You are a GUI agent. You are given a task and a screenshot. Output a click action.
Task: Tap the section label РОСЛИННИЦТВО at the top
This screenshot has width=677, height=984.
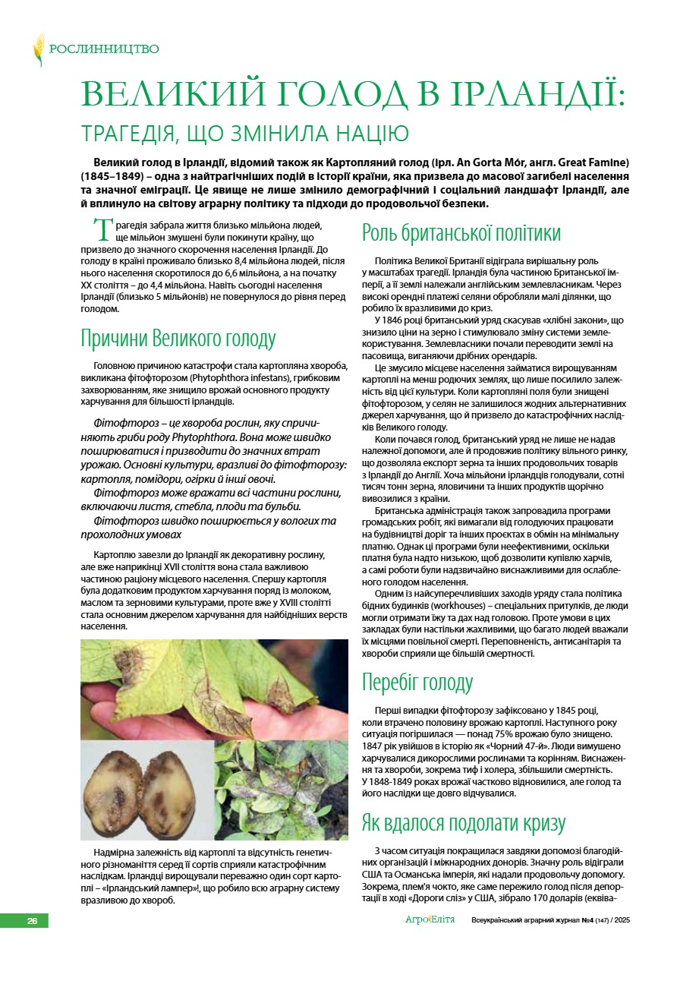point(104,49)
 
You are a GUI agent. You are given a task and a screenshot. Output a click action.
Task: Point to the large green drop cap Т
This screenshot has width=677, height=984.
point(102,231)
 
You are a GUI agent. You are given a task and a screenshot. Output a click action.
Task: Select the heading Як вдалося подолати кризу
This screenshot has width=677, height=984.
point(464,823)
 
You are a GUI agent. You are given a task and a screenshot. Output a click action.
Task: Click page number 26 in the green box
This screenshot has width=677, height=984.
point(32,921)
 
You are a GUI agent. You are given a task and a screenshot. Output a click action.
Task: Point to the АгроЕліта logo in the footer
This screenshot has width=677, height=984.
point(430,920)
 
